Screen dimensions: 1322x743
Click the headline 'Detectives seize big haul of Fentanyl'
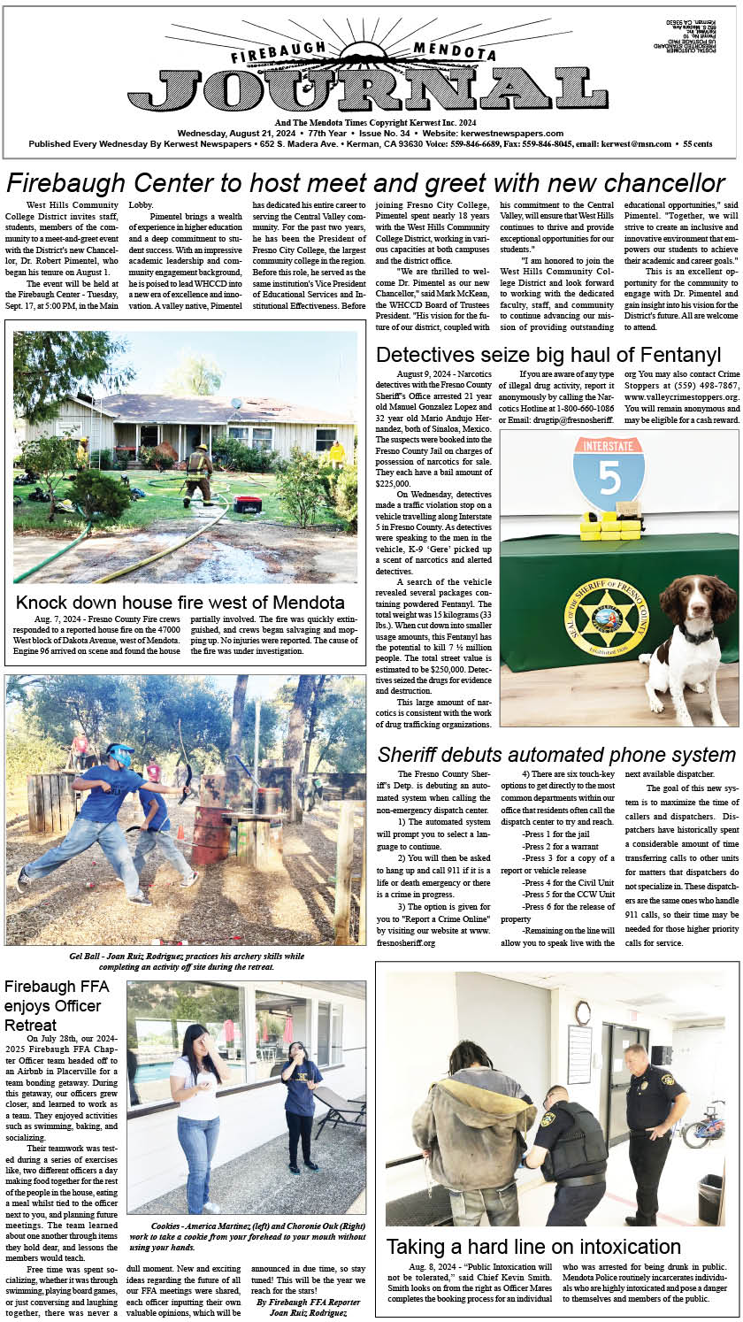coord(548,356)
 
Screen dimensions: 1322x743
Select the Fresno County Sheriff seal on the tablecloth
coord(606,617)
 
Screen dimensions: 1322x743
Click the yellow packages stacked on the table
coord(610,526)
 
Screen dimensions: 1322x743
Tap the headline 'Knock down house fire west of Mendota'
coord(180,603)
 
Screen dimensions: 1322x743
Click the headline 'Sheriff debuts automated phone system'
coord(556,755)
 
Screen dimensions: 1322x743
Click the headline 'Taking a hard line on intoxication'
coord(533,1247)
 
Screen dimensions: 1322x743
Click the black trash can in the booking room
coord(709,1198)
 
